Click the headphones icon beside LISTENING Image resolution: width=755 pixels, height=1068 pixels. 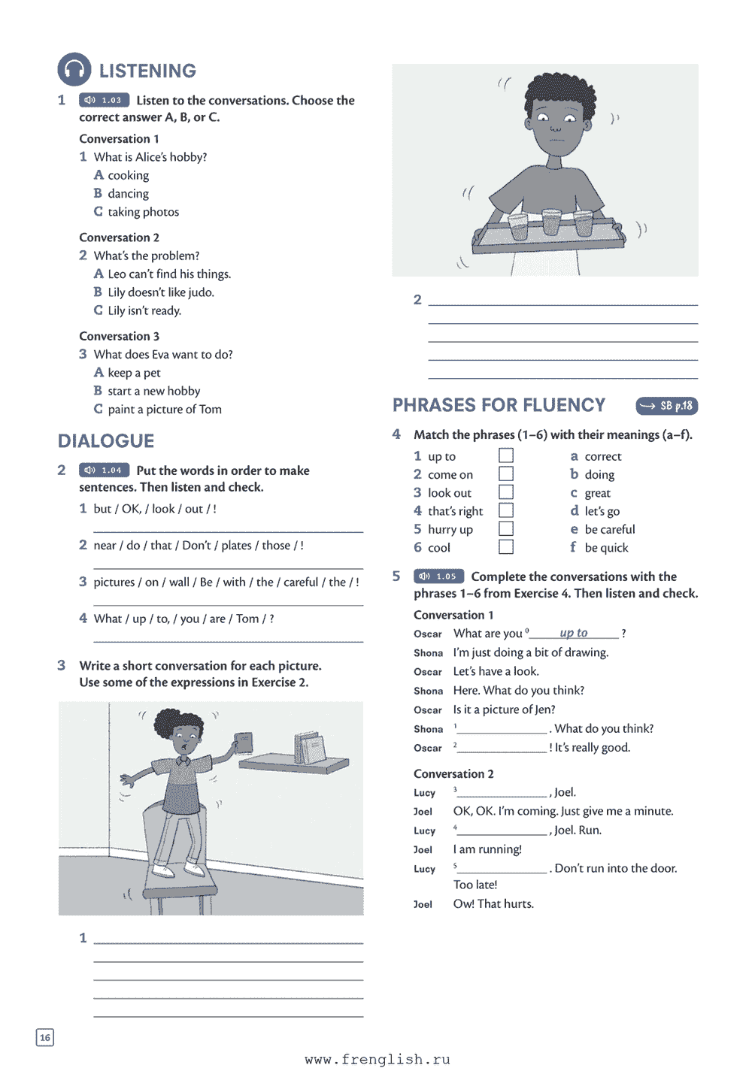[x=74, y=70]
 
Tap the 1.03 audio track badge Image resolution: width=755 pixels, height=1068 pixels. [x=105, y=100]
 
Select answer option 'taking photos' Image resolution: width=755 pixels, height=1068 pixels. [x=143, y=212]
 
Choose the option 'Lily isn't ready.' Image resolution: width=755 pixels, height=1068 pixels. [x=144, y=310]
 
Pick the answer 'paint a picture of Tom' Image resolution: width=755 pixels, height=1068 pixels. [x=164, y=409]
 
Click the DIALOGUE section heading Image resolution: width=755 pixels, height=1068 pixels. [x=106, y=441]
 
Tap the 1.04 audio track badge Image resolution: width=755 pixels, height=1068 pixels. [x=105, y=470]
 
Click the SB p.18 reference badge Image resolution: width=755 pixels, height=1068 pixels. [x=667, y=406]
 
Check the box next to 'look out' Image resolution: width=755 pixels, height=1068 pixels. [x=506, y=492]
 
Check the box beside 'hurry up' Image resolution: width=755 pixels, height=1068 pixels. [x=506, y=529]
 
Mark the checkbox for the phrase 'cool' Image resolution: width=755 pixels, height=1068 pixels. [x=506, y=547]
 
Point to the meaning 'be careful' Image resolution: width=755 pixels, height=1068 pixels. [x=609, y=529]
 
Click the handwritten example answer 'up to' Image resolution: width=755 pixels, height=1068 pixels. [x=574, y=633]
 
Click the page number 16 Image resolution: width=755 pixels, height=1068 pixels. [x=45, y=1038]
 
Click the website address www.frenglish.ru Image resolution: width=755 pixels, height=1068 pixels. [x=377, y=1059]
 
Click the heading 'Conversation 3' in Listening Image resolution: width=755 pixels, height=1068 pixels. [x=119, y=336]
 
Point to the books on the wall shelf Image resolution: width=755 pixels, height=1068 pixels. [x=310, y=747]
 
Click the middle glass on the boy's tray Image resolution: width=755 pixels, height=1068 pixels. [x=551, y=222]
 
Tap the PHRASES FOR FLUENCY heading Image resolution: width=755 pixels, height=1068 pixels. [x=499, y=406]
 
